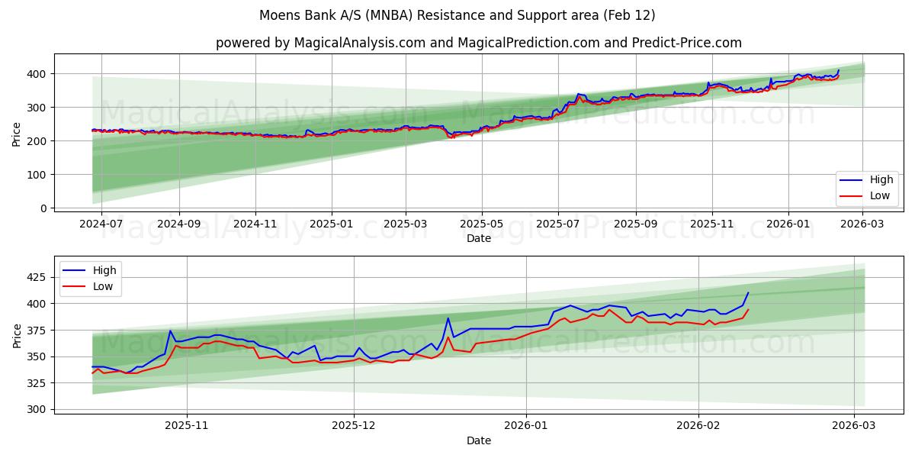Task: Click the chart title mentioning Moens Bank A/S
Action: click(457, 15)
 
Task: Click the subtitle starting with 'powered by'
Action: click(478, 43)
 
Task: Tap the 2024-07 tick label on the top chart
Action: click(101, 224)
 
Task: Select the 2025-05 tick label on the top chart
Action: click(481, 224)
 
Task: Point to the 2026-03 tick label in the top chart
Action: click(862, 224)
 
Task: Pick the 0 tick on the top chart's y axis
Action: click(43, 208)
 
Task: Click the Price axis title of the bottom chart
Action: click(17, 335)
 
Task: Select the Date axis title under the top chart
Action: click(478, 238)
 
